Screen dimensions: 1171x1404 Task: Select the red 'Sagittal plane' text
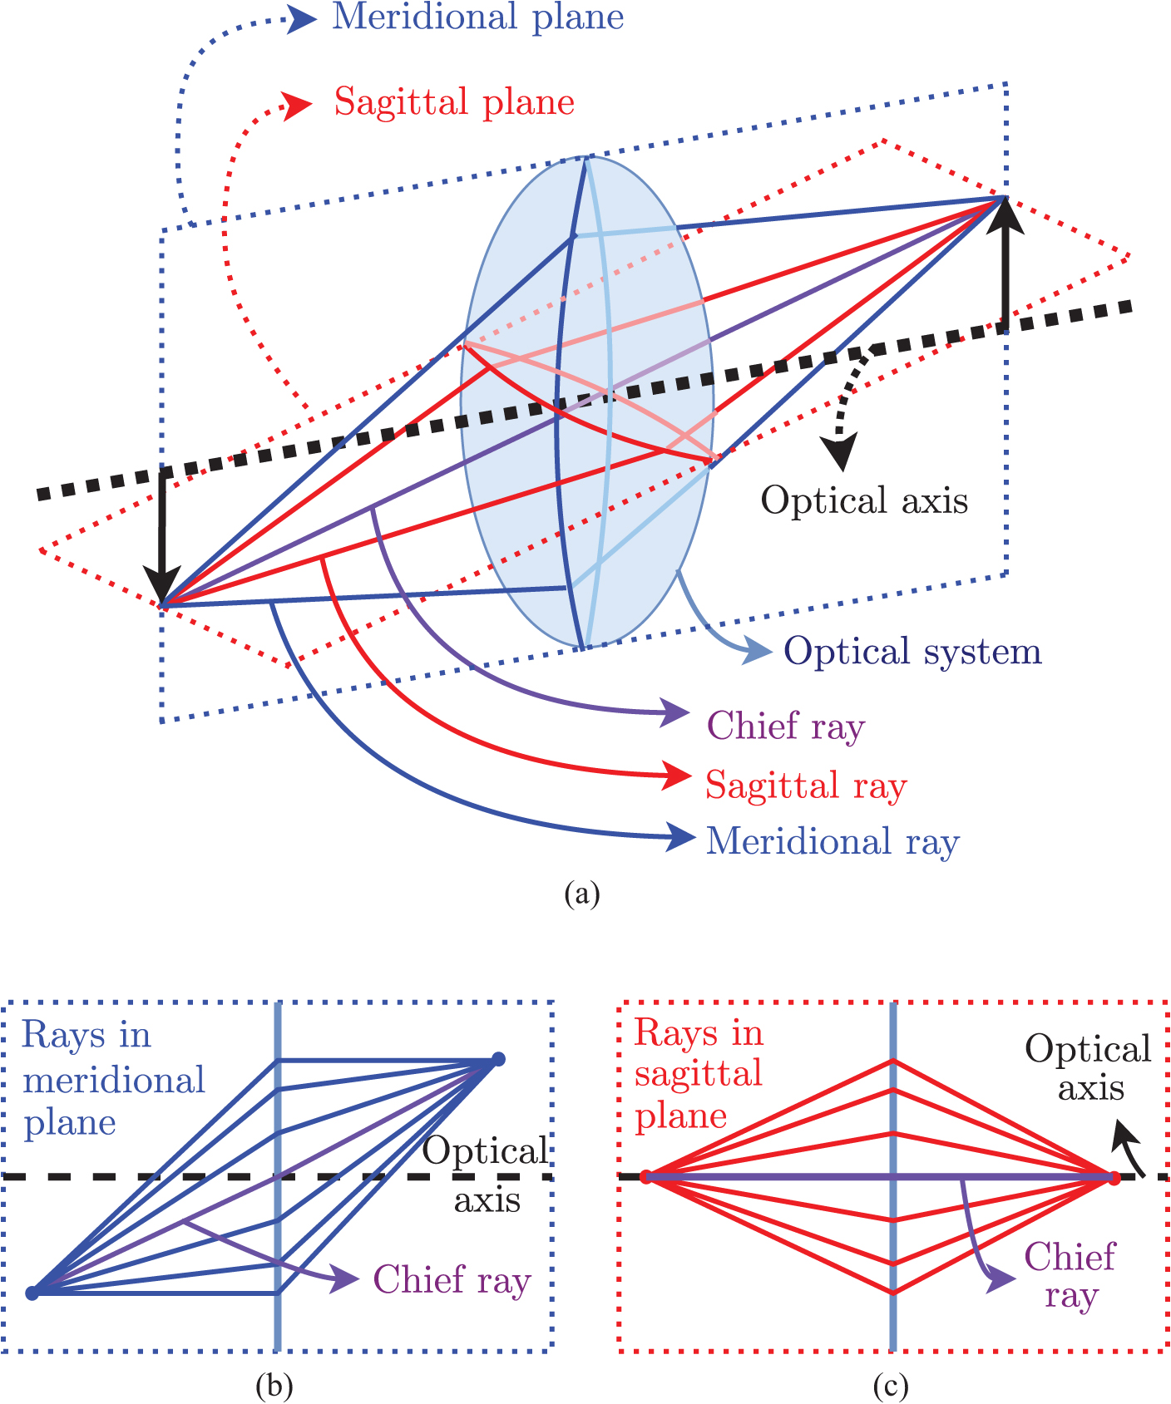coord(455,102)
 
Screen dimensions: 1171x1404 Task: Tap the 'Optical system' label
coord(912,652)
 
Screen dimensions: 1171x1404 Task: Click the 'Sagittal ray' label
coord(806,785)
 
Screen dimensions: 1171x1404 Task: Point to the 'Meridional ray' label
coord(833,841)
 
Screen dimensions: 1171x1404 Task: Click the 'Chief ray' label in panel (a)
coord(786,726)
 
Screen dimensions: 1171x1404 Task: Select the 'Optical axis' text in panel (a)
coord(865,500)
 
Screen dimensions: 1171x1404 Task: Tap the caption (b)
coord(275,1386)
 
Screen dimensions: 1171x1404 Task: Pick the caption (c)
coord(892,1386)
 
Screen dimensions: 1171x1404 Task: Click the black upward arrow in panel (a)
coord(1005,264)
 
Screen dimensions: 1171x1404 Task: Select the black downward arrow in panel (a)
coord(161,536)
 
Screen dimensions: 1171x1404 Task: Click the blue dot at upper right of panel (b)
coord(498,1058)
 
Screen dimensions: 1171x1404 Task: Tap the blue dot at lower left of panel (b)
coord(32,1293)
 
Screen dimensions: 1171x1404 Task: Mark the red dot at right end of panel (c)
coord(1114,1177)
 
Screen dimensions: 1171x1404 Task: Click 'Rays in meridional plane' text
coord(113,1078)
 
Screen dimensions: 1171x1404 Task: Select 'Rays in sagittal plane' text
coord(699,1074)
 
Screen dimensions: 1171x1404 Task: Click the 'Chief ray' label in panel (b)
coord(452,1279)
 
